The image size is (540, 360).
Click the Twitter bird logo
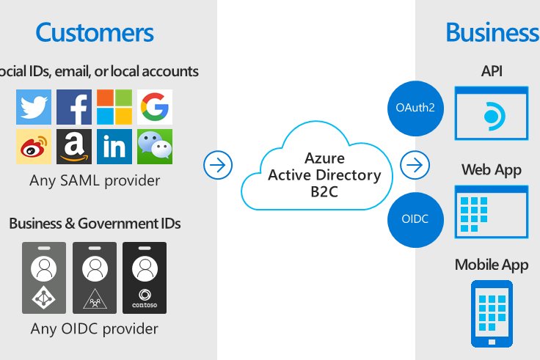coord(34,107)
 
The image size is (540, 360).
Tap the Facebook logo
coord(74,107)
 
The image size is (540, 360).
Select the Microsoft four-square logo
coord(114,107)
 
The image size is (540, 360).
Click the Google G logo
coord(154,107)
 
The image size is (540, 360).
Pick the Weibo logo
coord(34,147)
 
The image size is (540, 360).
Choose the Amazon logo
coord(74,147)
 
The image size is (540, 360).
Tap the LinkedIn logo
coord(114,147)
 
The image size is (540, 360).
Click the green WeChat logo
coord(154,147)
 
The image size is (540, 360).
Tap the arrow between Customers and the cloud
coord(218,165)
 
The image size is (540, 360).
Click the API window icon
coord(492,113)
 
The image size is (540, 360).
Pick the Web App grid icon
coord(492,210)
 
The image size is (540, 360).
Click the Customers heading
coord(95,32)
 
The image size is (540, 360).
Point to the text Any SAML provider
coord(95,180)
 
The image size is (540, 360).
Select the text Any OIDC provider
coord(95,328)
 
